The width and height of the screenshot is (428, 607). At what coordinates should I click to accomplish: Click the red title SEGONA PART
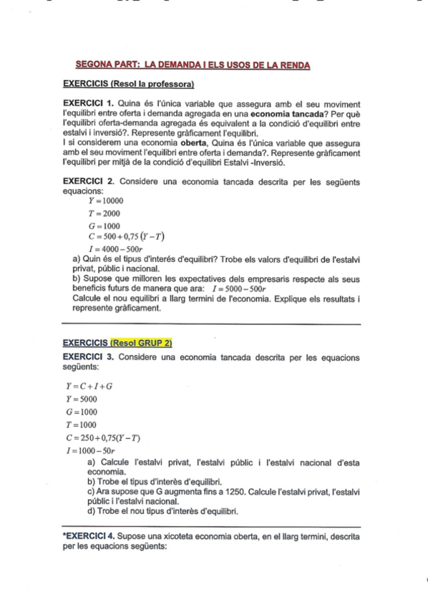pos(193,65)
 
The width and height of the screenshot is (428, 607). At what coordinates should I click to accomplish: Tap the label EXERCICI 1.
pos(87,103)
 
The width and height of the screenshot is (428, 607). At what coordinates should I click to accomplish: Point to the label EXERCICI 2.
pos(87,183)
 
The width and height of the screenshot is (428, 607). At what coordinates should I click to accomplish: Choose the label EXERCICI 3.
pos(87,356)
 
